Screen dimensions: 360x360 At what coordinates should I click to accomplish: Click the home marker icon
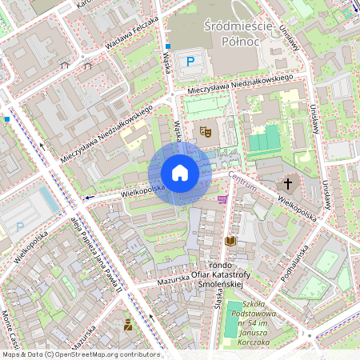coord(180,173)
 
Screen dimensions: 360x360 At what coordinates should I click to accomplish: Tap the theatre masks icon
coord(205,131)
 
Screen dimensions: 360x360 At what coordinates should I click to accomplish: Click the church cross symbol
coord(288,184)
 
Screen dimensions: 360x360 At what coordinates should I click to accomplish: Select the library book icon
coord(231,241)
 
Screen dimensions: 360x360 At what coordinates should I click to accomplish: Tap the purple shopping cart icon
coord(222,199)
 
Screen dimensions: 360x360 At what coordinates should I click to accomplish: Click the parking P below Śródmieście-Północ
coord(190,61)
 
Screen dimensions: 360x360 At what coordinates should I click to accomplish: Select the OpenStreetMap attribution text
coord(80,354)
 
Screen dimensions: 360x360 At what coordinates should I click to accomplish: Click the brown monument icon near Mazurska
coord(127,324)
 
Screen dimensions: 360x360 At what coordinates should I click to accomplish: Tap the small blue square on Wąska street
coord(168,47)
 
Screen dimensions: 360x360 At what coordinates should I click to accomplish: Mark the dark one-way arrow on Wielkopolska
coord(90,196)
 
